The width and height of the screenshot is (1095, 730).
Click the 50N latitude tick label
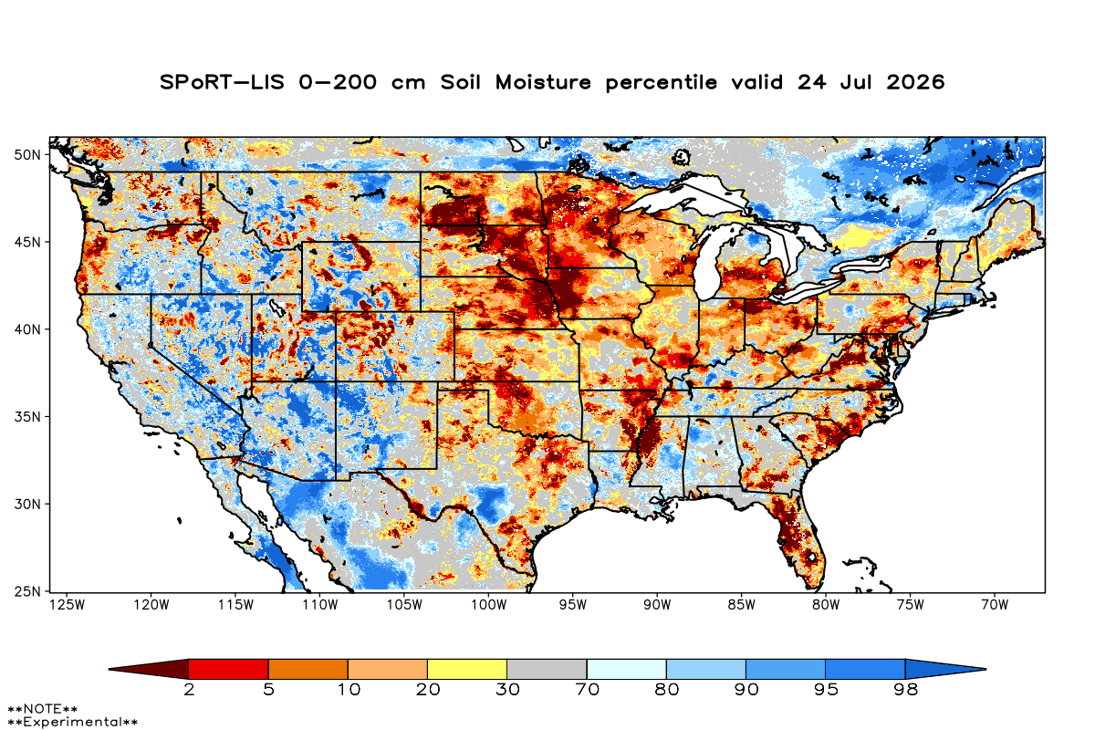pos(27,155)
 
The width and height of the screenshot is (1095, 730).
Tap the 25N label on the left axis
pos(27,591)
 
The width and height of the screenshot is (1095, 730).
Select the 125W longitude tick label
pos(68,605)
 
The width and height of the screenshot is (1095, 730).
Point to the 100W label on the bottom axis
pos(488,605)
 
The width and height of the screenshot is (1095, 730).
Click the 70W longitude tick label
pos(995,605)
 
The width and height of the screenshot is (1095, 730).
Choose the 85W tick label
pos(741,605)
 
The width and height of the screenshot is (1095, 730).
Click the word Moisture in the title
pos(543,82)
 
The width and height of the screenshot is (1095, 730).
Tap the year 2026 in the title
pos(915,82)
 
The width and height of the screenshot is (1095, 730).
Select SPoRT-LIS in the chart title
pos(222,82)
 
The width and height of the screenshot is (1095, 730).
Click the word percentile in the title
pos(661,83)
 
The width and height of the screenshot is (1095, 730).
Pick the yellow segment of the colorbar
pos(467,669)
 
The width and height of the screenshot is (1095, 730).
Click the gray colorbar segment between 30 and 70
pos(547,669)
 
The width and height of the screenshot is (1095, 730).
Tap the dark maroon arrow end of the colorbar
pos(149,669)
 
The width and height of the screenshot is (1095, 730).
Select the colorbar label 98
pos(905,690)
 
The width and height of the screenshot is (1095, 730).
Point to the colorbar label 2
pos(189,690)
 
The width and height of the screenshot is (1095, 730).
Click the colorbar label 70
pos(587,690)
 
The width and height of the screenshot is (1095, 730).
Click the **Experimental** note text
pos(72,722)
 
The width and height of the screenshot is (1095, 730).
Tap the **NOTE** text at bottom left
pos(43,708)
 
